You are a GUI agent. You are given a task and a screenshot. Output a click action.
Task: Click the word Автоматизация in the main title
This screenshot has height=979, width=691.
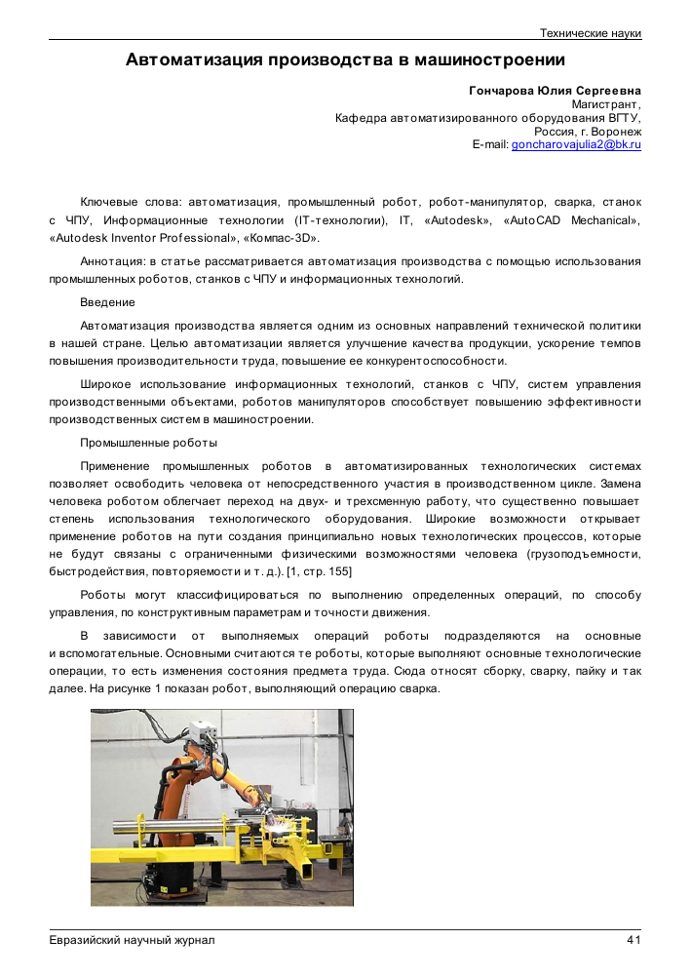194,59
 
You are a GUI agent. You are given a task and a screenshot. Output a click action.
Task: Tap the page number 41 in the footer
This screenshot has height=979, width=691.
633,940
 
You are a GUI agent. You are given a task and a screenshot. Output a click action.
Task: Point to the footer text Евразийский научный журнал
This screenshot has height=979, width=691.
132,940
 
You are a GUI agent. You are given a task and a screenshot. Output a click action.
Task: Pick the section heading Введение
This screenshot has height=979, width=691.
107,302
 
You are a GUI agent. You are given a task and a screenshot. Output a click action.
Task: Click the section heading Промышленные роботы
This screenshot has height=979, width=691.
148,443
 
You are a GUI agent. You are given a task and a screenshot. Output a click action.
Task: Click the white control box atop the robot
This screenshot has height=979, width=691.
204,734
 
